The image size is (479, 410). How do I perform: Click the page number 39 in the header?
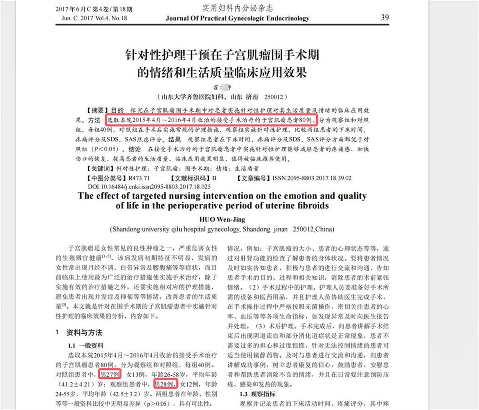384,17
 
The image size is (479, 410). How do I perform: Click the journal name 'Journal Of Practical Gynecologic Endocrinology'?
237,18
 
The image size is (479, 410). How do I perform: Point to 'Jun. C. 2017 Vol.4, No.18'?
94,18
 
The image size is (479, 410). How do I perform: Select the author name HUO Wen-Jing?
222,219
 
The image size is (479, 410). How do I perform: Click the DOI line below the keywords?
149,186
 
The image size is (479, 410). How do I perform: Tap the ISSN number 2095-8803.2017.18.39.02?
312,178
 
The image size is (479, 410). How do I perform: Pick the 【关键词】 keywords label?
100,169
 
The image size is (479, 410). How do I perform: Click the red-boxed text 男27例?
110,374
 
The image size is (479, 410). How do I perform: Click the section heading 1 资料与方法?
79,333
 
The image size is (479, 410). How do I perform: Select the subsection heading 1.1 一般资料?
86,345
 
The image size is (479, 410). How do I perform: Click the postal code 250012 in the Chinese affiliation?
273,97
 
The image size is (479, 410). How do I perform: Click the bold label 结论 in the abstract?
134,149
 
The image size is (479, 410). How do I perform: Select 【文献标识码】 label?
189,178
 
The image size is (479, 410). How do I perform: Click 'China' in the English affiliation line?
325,230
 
